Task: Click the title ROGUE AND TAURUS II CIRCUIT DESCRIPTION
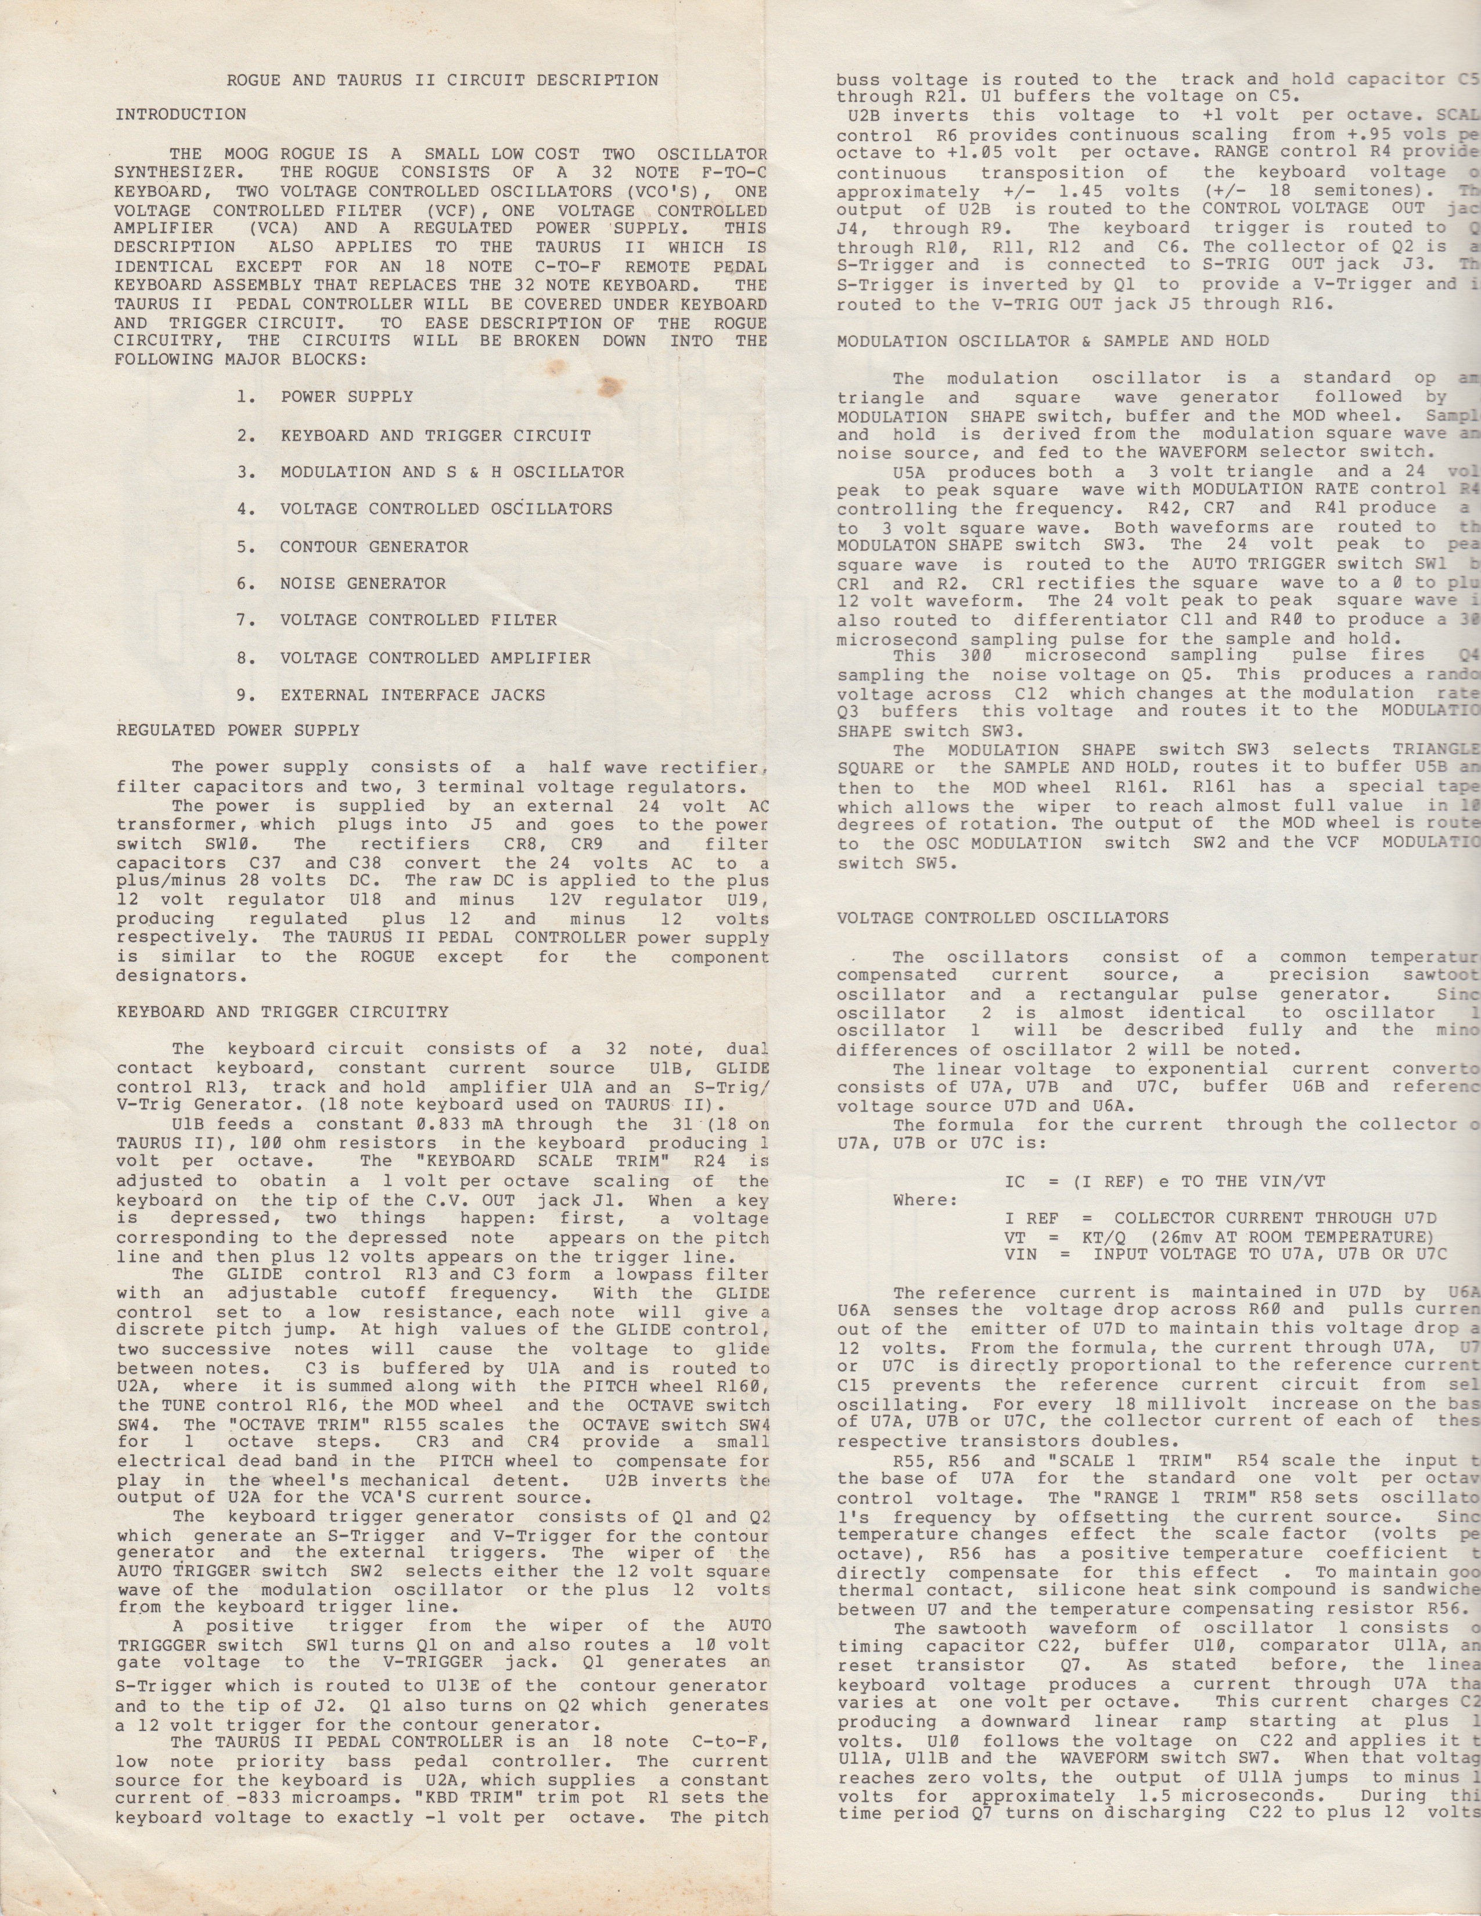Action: (x=442, y=81)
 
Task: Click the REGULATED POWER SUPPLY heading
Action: (x=238, y=730)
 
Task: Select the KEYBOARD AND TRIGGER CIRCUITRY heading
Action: (x=282, y=1011)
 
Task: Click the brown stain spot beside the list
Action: (x=605, y=384)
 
